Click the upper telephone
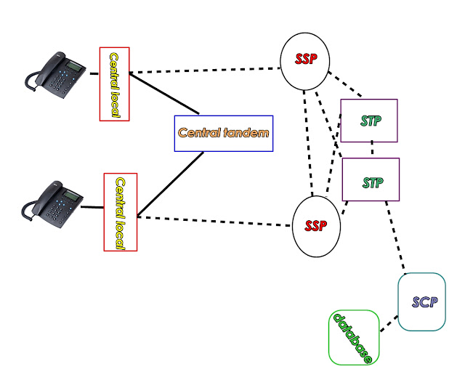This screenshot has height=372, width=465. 55,75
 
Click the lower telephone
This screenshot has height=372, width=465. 52,204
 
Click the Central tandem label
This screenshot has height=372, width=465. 224,133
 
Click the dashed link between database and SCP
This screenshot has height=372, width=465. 389,323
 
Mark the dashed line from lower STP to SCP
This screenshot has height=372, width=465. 395,237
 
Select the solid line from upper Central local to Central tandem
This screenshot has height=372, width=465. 164,93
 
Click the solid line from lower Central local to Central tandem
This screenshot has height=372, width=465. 171,185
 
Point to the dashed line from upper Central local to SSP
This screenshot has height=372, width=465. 205,70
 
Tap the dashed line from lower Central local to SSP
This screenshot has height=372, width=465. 214,222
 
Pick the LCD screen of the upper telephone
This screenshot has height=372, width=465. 73,65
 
